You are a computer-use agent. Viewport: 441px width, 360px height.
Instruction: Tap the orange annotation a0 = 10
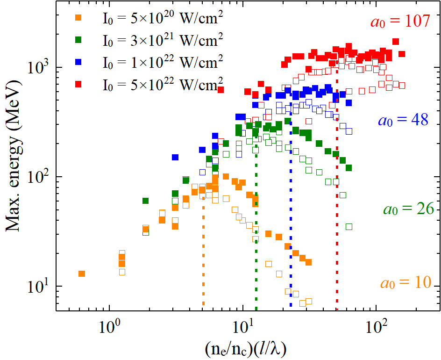[405, 283]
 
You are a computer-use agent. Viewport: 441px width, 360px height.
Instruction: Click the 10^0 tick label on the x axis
[109, 324]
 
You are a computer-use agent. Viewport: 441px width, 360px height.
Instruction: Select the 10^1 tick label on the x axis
[242, 324]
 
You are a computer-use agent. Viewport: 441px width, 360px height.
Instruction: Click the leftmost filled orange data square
[82, 274]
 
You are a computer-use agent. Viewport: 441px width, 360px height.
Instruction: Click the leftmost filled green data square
[145, 201]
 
